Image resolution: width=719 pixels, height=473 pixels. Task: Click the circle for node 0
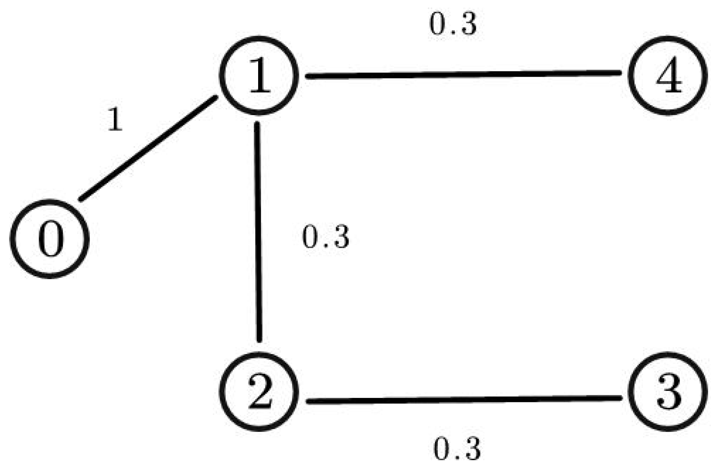point(50,239)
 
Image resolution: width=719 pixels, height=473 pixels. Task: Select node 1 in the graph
point(259,75)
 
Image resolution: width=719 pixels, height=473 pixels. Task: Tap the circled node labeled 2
point(259,391)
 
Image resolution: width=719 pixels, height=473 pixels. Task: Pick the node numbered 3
point(668,391)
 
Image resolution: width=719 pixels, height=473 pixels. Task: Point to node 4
point(668,75)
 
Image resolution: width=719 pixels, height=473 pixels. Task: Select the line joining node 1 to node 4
point(464,74)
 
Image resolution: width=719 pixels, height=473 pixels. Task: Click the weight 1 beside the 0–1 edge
point(115,120)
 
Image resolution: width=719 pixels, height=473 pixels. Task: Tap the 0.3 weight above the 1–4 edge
point(453,25)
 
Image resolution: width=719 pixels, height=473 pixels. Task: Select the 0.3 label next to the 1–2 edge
point(325,237)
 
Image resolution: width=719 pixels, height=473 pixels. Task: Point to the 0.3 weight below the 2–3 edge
point(457,449)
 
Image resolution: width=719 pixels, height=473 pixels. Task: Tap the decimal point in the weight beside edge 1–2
point(326,245)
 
